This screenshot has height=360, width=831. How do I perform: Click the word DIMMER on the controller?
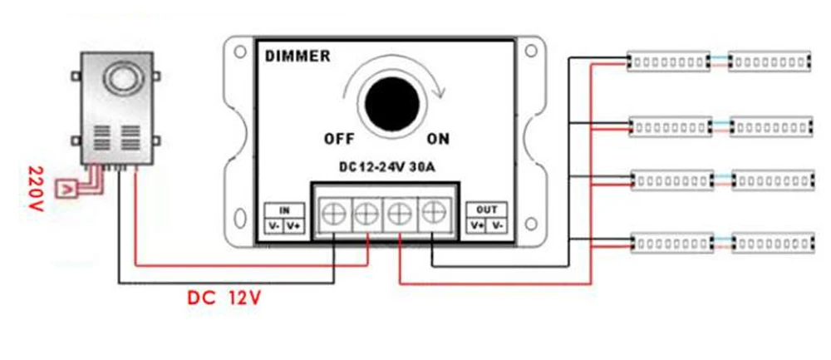297,56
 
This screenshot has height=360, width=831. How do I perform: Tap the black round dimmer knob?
393,103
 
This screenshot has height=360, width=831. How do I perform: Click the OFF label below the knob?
339,140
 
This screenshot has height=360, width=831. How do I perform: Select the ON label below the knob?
438,139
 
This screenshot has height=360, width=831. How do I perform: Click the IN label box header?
284,210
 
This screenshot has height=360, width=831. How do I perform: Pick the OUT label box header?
487,210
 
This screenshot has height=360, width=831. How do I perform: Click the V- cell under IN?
275,226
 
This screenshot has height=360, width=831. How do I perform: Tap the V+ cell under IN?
294,226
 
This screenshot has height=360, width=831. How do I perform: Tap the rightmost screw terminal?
434,214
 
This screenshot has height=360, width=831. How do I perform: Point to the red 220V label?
36,189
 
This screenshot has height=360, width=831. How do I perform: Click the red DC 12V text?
224,298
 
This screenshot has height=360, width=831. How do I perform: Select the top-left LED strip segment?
669,62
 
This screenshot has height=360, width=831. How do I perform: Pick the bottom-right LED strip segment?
773,244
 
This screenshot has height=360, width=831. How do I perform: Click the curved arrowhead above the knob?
438,92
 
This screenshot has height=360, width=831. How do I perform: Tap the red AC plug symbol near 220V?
66,189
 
